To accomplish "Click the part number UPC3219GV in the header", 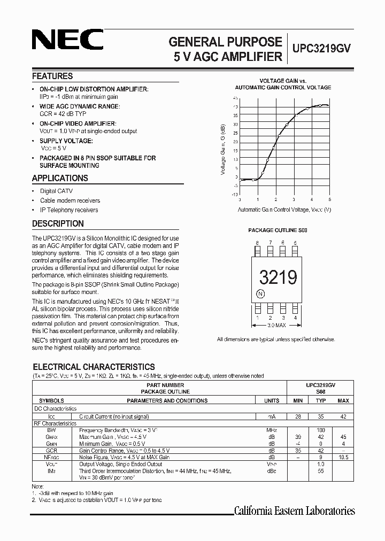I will pyautogui.click(x=321, y=48).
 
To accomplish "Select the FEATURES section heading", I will pyautogui.click(x=52, y=76).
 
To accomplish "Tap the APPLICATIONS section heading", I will pyautogui.click(x=60, y=179).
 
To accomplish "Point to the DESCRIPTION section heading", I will pyautogui.click(x=58, y=224).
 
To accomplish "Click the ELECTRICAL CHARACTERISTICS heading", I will pyautogui.click(x=94, y=367).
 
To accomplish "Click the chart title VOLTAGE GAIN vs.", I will pyautogui.click(x=283, y=80).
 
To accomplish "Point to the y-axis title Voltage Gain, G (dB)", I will pyautogui.click(x=223, y=150).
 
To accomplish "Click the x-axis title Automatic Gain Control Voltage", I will pyautogui.click(x=284, y=210).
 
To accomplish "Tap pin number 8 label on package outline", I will pyautogui.click(x=257, y=242).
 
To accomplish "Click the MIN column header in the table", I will pyautogui.click(x=298, y=400).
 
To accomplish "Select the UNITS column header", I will pyautogui.click(x=271, y=400).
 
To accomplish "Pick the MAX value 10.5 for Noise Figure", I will pyautogui.click(x=343, y=458).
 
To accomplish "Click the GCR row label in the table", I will pyautogui.click(x=52, y=451).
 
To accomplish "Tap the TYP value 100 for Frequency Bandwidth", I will pyautogui.click(x=320, y=430).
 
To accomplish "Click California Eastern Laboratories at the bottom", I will pyautogui.click(x=295, y=511).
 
